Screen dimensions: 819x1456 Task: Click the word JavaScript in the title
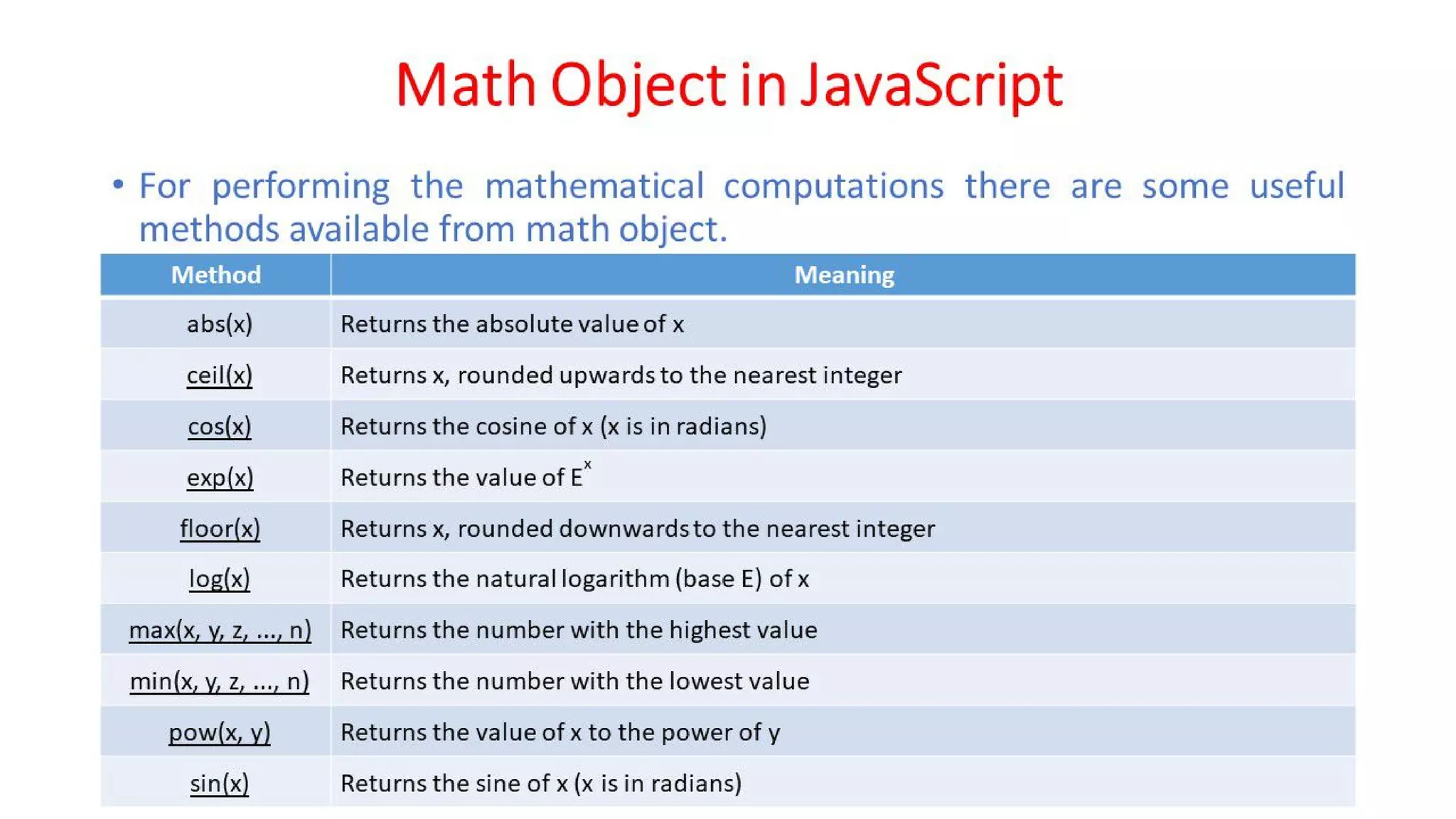(931, 85)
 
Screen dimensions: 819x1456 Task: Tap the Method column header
(215, 275)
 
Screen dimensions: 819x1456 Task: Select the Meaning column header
(844, 275)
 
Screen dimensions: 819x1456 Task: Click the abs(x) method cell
(219, 324)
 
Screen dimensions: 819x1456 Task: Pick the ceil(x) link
(219, 375)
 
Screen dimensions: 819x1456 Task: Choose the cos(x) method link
(219, 427)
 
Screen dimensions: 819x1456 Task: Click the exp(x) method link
(220, 478)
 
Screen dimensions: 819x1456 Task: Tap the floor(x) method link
(220, 529)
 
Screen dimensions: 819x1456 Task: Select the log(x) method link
(219, 579)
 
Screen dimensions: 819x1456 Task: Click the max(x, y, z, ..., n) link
(220, 631)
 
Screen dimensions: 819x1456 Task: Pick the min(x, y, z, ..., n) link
(219, 682)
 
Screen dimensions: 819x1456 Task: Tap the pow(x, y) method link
(219, 733)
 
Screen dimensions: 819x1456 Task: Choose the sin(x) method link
(219, 783)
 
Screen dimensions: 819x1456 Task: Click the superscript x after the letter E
(587, 465)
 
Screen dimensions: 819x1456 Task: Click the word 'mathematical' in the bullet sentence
(594, 187)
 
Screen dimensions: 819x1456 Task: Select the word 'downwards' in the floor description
(623, 529)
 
